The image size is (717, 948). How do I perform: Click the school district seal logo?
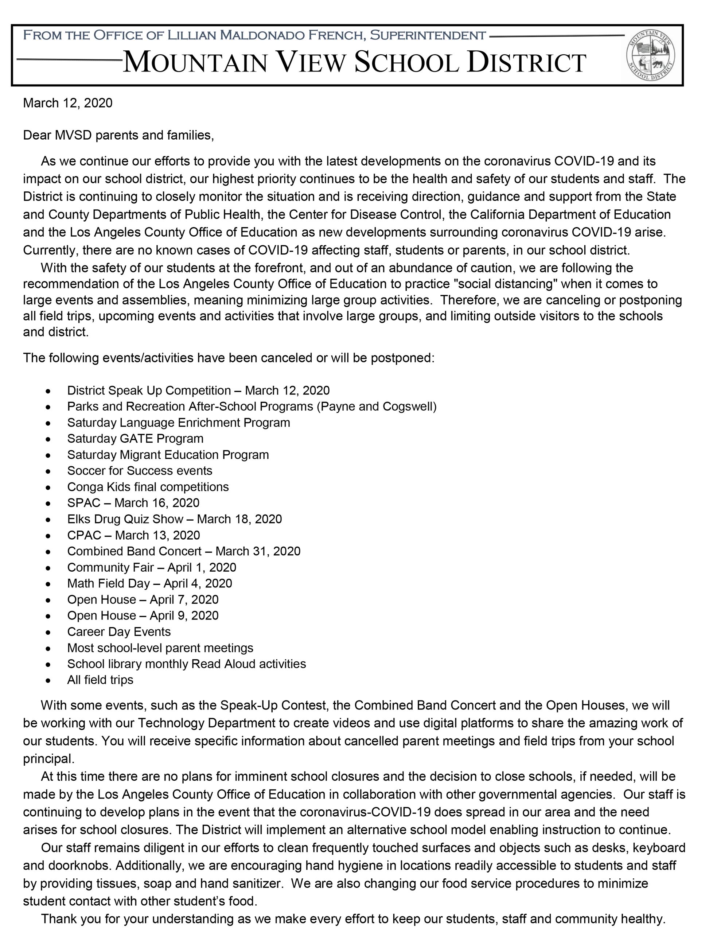650,56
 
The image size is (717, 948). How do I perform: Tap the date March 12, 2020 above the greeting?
68,103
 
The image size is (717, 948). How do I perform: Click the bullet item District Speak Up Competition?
198,391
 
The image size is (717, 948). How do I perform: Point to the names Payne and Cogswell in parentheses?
376,406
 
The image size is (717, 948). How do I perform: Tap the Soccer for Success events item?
139,471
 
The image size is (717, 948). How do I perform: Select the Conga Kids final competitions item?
148,487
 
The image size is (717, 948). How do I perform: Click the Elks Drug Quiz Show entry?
175,519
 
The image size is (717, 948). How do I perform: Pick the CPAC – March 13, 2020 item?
133,535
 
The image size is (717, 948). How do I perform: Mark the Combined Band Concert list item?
183,551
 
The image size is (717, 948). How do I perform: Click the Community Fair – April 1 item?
151,567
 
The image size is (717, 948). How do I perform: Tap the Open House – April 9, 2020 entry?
143,615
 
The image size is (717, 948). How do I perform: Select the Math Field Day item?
149,583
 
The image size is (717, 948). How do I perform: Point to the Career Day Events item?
119,632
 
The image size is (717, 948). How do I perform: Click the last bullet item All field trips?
100,680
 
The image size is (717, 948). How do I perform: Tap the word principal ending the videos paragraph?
48,759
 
